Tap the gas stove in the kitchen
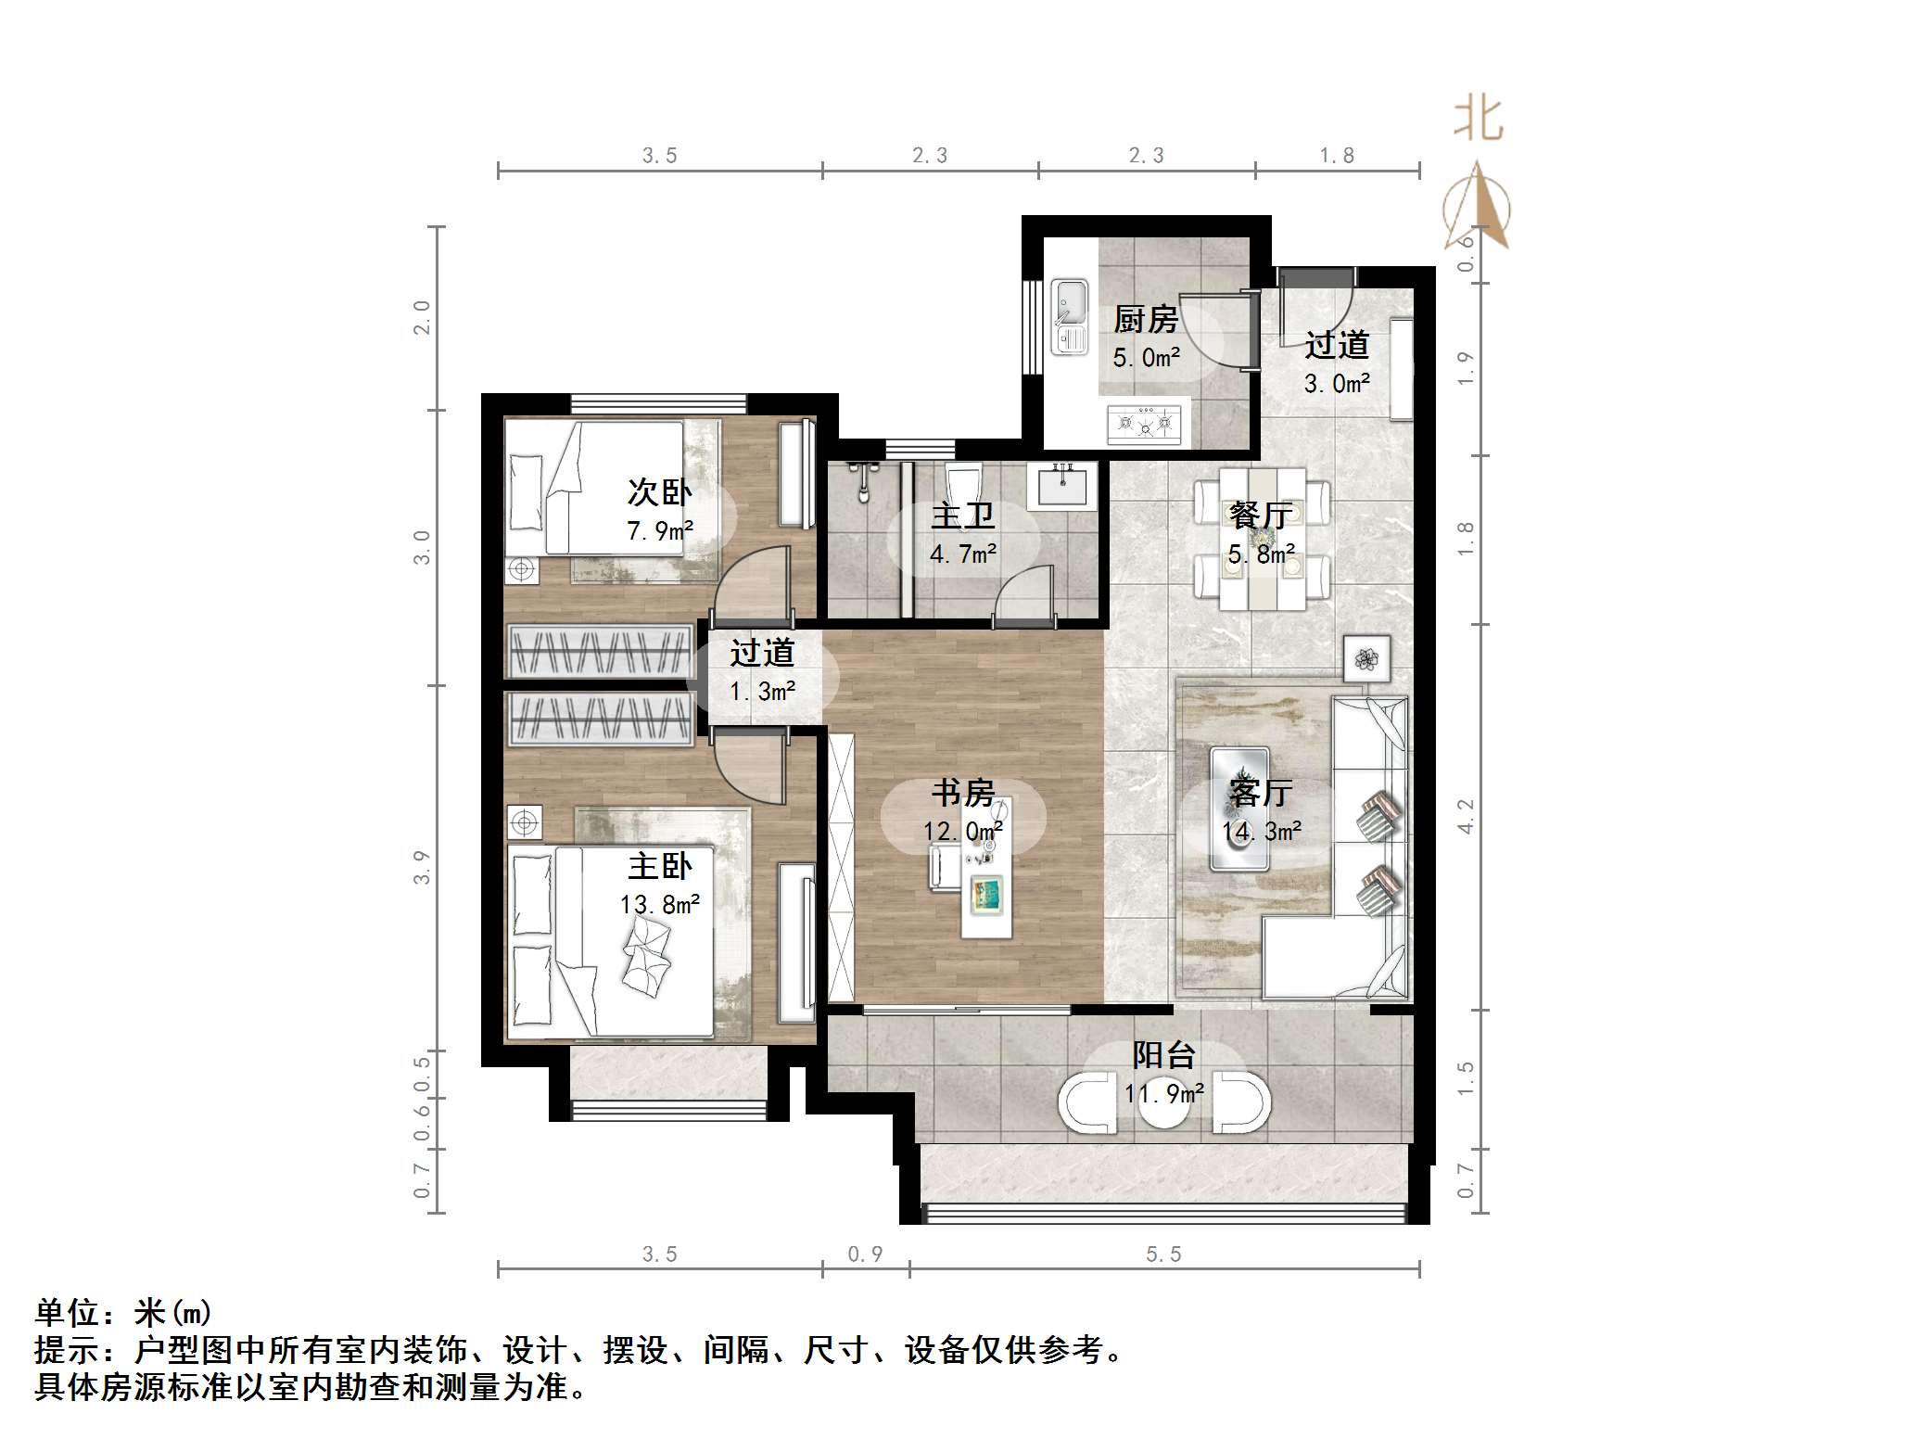pos(1146,424)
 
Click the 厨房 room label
pos(1146,320)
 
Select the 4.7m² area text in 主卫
pos(963,554)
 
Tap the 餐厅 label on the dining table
pos(1261,516)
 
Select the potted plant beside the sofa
pos(1366,659)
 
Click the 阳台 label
pos(1163,1055)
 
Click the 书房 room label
pos(963,793)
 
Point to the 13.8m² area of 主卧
pos(659,905)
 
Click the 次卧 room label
pos(659,492)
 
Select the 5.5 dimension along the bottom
pos(1163,1254)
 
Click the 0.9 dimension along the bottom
pos(865,1254)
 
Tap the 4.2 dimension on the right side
pos(1465,817)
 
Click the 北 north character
pos(1478,121)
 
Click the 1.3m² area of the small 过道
pos(762,692)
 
